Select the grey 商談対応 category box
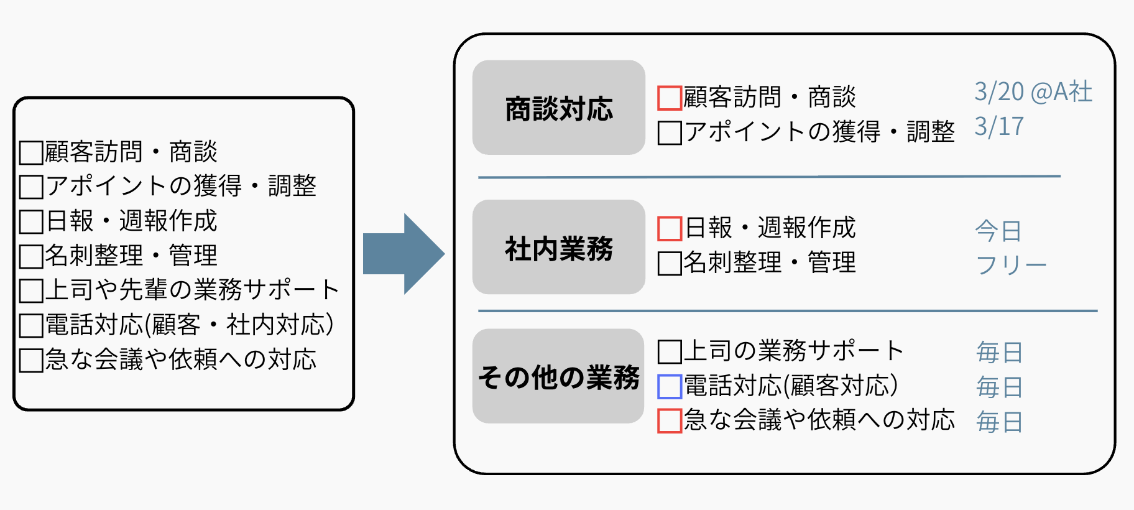[x=558, y=108]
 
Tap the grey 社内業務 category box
[x=558, y=248]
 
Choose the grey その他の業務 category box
[x=558, y=376]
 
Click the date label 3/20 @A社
[x=1033, y=92]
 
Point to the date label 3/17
[x=998, y=127]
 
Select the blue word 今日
[x=998, y=231]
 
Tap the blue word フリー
[x=1011, y=266]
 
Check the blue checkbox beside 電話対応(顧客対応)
[x=670, y=387]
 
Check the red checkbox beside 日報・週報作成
[x=670, y=228]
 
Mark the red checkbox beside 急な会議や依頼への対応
[x=670, y=421]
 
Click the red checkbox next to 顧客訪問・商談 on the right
[x=670, y=98]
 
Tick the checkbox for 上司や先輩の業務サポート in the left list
[x=31, y=290]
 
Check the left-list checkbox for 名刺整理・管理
[x=31, y=256]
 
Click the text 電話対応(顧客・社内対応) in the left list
[x=190, y=325]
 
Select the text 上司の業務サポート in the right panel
[x=794, y=351]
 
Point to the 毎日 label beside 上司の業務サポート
[x=999, y=353]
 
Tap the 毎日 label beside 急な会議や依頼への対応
[x=999, y=422]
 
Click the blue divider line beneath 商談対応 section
[x=768, y=177]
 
